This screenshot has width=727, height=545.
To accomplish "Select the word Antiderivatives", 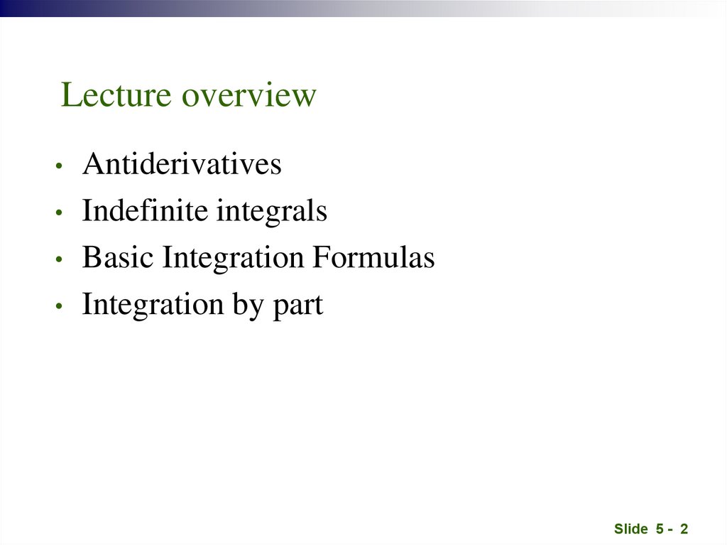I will point(182,165).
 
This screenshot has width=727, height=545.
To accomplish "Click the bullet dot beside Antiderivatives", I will point(61,167).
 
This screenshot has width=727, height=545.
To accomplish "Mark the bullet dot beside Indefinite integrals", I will point(61,213).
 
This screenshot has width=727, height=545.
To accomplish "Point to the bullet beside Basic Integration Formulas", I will point(61,260).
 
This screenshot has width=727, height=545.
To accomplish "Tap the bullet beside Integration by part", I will point(61,307).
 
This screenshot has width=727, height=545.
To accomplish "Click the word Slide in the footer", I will point(631,529).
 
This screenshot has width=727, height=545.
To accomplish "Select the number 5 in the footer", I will point(660,529).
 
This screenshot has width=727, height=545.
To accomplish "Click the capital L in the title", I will point(70,95).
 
